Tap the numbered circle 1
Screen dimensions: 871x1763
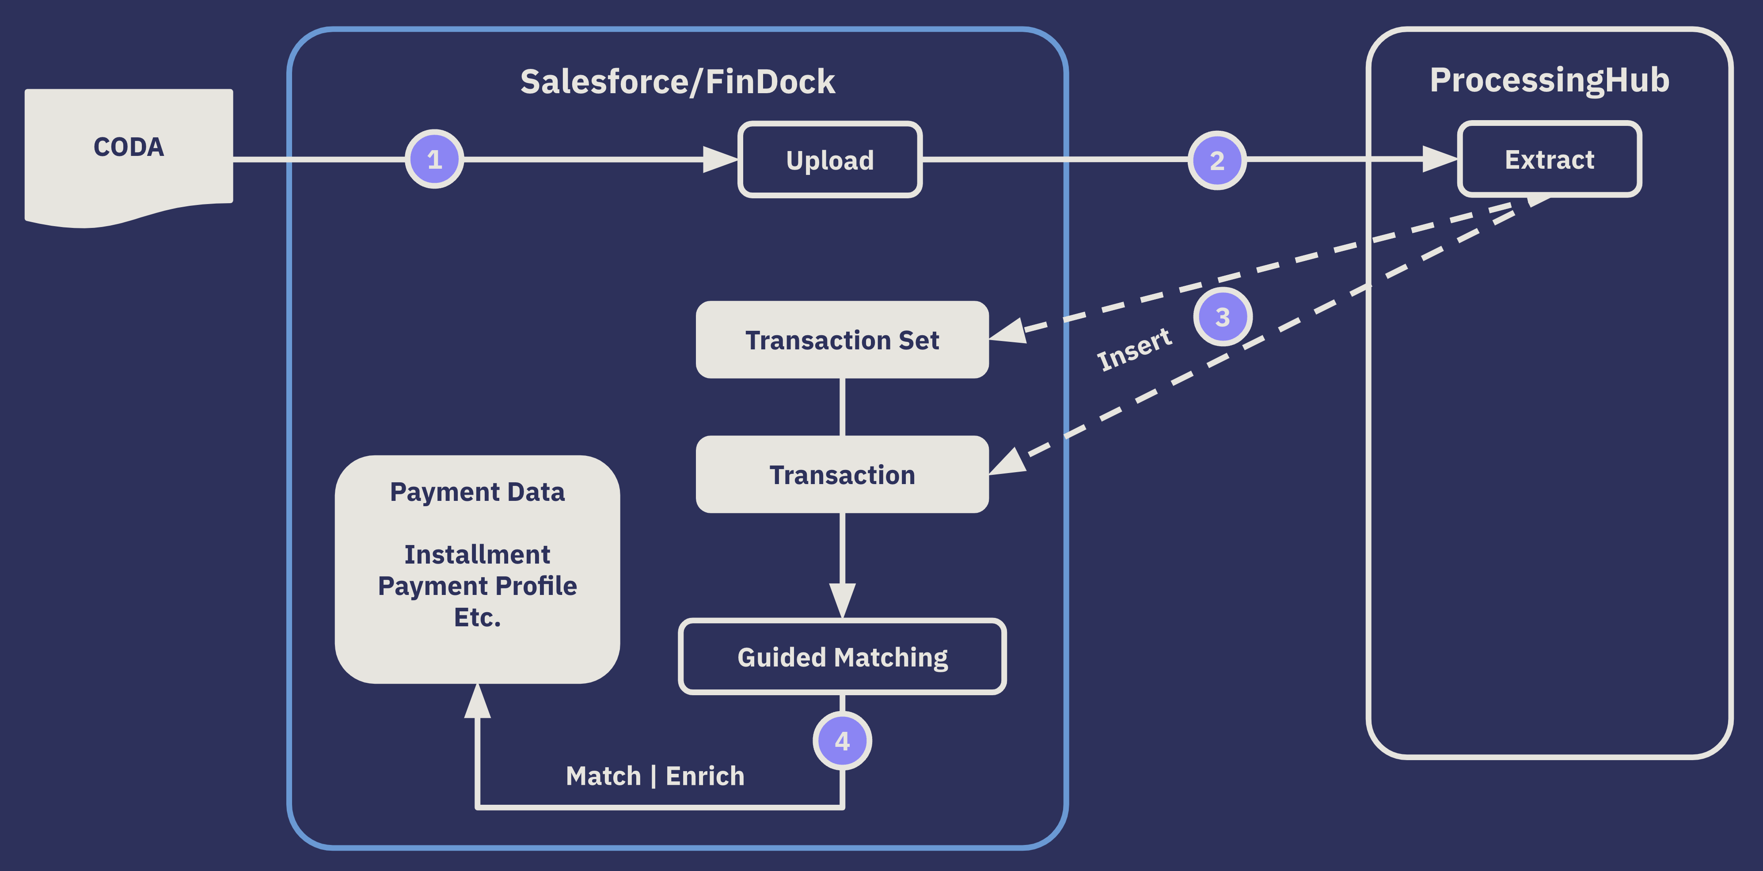pyautogui.click(x=434, y=159)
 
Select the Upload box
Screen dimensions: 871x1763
pyautogui.click(x=829, y=160)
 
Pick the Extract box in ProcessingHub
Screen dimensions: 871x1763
pyautogui.click(x=1550, y=159)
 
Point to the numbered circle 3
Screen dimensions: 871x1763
pyautogui.click(x=1222, y=317)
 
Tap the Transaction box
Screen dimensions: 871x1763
pyautogui.click(x=842, y=474)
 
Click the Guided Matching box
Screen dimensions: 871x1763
pyautogui.click(x=842, y=657)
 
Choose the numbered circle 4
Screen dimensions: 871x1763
pyautogui.click(x=842, y=741)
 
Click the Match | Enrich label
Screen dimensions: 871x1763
pyautogui.click(x=655, y=776)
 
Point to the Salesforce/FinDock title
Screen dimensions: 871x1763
pyautogui.click(x=677, y=81)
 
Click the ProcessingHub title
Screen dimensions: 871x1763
pyautogui.click(x=1550, y=80)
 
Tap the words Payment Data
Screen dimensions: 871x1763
pyautogui.click(x=477, y=492)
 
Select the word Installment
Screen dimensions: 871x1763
pyautogui.click(x=477, y=554)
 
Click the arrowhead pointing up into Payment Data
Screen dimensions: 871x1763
pyautogui.click(x=477, y=701)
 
